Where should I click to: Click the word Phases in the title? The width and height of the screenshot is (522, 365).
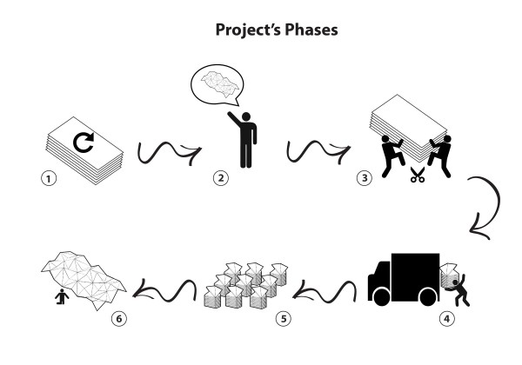click(x=311, y=30)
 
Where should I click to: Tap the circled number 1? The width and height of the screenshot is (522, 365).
click(x=49, y=178)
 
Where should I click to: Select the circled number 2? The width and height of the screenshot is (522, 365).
click(x=221, y=178)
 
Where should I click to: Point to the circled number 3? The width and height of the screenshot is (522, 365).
click(x=365, y=178)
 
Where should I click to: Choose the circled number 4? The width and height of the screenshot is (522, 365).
click(x=447, y=318)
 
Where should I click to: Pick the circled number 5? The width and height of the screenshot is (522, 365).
click(x=284, y=318)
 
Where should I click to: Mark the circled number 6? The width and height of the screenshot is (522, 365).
click(x=119, y=318)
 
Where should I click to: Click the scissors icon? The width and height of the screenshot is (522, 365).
click(x=418, y=175)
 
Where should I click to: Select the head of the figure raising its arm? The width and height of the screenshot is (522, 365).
click(x=246, y=116)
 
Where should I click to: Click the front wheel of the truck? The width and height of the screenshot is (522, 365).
click(x=382, y=297)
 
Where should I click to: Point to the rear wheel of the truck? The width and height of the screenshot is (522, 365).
click(x=429, y=297)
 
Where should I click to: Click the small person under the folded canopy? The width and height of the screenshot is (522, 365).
click(x=62, y=297)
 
